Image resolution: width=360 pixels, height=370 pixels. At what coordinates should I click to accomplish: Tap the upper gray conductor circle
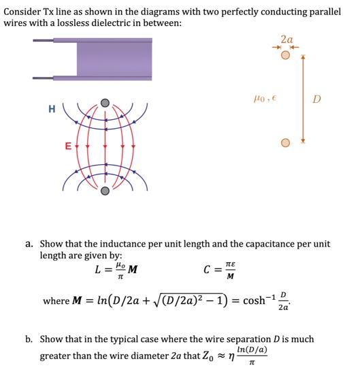coord(105,104)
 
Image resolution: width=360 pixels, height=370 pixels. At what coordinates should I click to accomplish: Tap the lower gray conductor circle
coord(105,191)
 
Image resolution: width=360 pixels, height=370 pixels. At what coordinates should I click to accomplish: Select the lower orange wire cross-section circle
coord(286,143)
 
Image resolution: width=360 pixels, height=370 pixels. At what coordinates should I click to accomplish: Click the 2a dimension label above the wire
coord(287,40)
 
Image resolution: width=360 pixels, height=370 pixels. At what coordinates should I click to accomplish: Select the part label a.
coord(29,243)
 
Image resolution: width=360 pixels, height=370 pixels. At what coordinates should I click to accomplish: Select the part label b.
coord(29,339)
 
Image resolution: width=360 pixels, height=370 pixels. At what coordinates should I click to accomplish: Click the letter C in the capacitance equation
coord(207,270)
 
